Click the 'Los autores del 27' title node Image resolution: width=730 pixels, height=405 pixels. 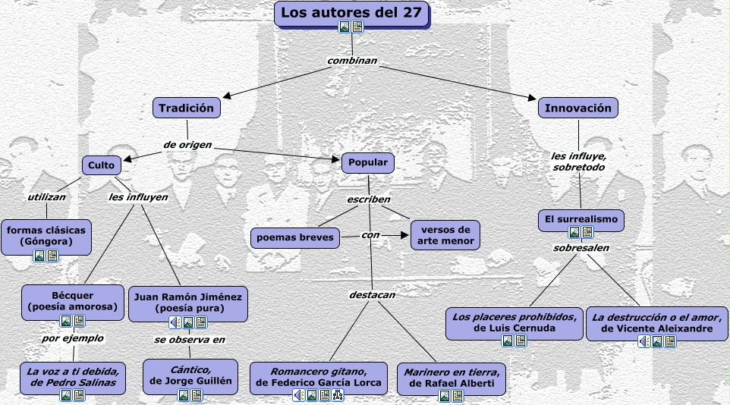pos(351,13)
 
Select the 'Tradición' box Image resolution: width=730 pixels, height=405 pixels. pos(187,108)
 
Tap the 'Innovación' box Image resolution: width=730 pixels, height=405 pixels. pos(577,108)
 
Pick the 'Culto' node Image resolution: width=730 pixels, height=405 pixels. pos(101,165)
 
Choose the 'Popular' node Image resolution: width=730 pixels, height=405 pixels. pos(368,162)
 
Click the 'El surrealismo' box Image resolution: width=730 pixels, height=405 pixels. pos(582,220)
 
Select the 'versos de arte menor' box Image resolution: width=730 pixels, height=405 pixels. pos(445,235)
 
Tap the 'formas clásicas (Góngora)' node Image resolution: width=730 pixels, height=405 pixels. pos(46,235)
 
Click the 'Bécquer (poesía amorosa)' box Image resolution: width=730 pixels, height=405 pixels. pos(73,301)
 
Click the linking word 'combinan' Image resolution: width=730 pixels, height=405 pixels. pos(352,60)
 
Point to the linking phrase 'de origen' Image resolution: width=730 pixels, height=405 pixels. pos(187,144)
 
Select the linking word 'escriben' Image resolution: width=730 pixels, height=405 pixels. pos(369,199)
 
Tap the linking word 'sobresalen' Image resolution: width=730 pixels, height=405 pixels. pos(581,247)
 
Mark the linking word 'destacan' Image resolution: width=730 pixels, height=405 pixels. pos(372,294)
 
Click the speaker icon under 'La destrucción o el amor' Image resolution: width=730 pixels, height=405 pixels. pos(643,341)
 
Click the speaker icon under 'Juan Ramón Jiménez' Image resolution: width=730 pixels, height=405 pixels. pos(175,322)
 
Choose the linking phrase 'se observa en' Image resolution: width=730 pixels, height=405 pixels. pos(189,340)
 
